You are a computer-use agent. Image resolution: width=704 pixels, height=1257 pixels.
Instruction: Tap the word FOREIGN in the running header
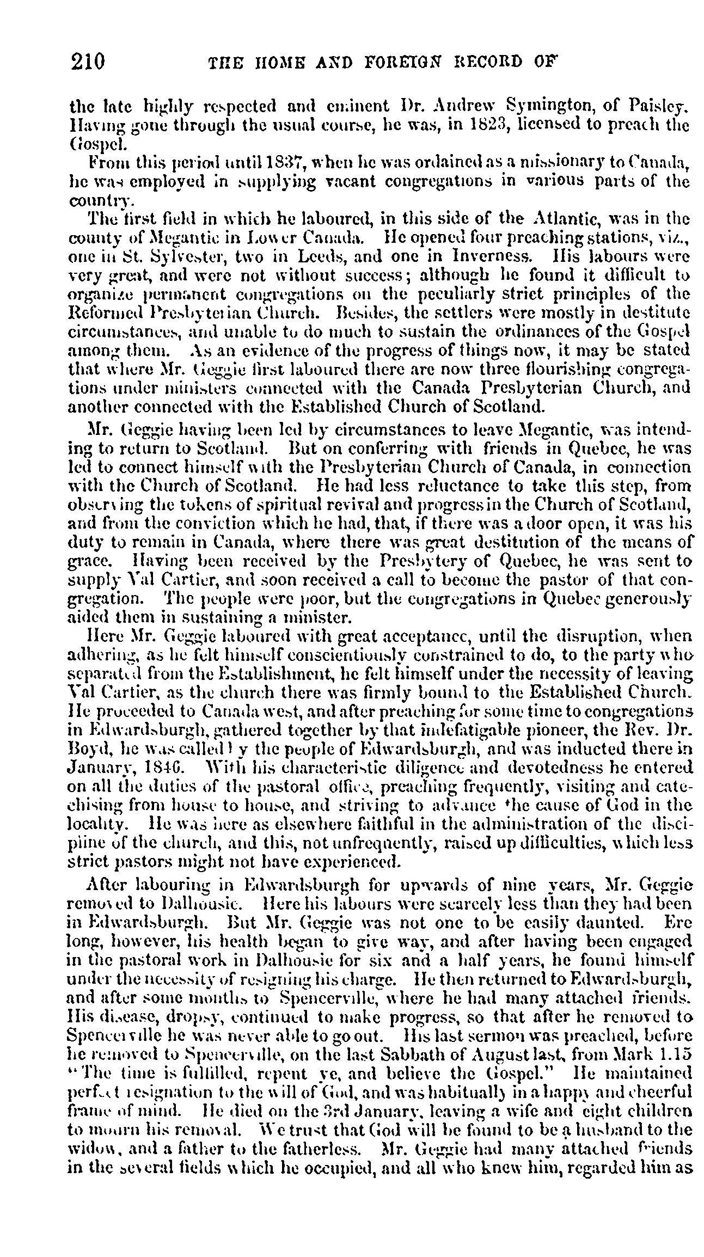tap(401, 60)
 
